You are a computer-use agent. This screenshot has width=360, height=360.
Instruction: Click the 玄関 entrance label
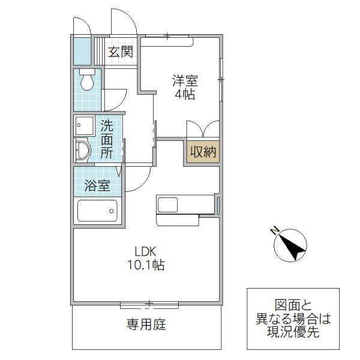click(121, 52)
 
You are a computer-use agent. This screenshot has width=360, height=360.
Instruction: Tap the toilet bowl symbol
click(87, 79)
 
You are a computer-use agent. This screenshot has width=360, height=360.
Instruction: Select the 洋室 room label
click(185, 81)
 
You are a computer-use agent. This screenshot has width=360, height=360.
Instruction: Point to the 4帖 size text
click(185, 94)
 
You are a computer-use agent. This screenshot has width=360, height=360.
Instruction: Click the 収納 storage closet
click(203, 152)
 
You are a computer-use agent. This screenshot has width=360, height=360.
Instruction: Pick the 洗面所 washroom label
click(107, 139)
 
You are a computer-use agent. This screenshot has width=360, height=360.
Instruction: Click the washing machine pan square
click(84, 125)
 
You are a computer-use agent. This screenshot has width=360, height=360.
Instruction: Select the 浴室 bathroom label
click(97, 185)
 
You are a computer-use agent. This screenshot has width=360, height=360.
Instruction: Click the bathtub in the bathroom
click(97, 211)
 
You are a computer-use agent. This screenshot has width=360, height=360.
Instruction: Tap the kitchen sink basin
click(167, 205)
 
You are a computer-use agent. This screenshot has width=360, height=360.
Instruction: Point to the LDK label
click(146, 251)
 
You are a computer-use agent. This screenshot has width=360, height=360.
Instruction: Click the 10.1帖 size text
click(146, 265)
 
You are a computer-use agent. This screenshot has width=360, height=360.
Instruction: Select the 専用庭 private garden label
click(146, 325)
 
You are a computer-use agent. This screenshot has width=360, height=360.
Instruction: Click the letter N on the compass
click(275, 230)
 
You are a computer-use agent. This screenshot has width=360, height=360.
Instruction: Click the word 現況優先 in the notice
click(293, 332)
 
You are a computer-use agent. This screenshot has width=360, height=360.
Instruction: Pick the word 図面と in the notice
click(293, 305)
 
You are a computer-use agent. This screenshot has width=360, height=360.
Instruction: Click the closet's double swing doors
click(203, 129)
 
